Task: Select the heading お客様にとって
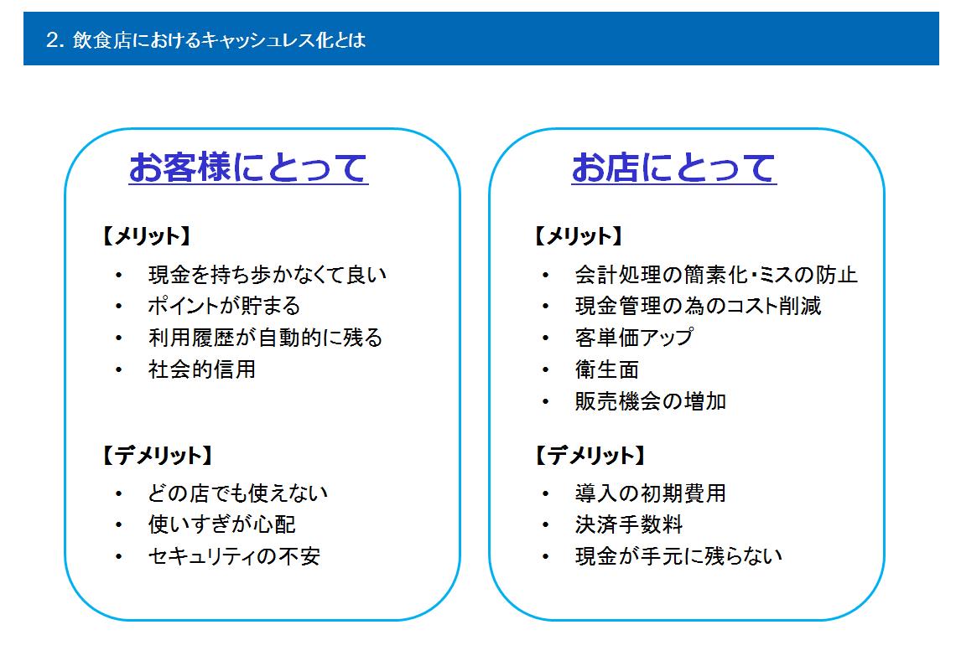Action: pyautogui.click(x=248, y=168)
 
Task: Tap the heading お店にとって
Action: pyautogui.click(x=673, y=168)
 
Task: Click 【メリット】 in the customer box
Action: pyautogui.click(x=146, y=235)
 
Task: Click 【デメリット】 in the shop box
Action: pyautogui.click(x=590, y=455)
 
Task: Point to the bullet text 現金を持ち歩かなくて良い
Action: pyautogui.click(x=268, y=275)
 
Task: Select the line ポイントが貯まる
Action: pyautogui.click(x=225, y=306)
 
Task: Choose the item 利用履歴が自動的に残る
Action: pyautogui.click(x=265, y=338)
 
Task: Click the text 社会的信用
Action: pyautogui.click(x=202, y=369)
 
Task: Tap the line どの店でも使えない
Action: pyautogui.click(x=238, y=493)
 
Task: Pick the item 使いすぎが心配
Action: pyautogui.click(x=222, y=524)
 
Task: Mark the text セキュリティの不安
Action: pyautogui.click(x=234, y=556)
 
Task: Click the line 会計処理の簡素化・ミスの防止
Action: pyautogui.click(x=716, y=275)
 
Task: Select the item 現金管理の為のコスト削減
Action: pyautogui.click(x=698, y=306)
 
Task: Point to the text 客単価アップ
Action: pyautogui.click(x=634, y=338)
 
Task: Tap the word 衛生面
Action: pyautogui.click(x=607, y=369)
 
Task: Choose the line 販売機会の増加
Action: pyautogui.click(x=651, y=401)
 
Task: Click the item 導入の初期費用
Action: pyautogui.click(x=651, y=493)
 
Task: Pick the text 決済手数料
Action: pyautogui.click(x=629, y=524)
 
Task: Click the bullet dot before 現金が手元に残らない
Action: pyautogui.click(x=546, y=556)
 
